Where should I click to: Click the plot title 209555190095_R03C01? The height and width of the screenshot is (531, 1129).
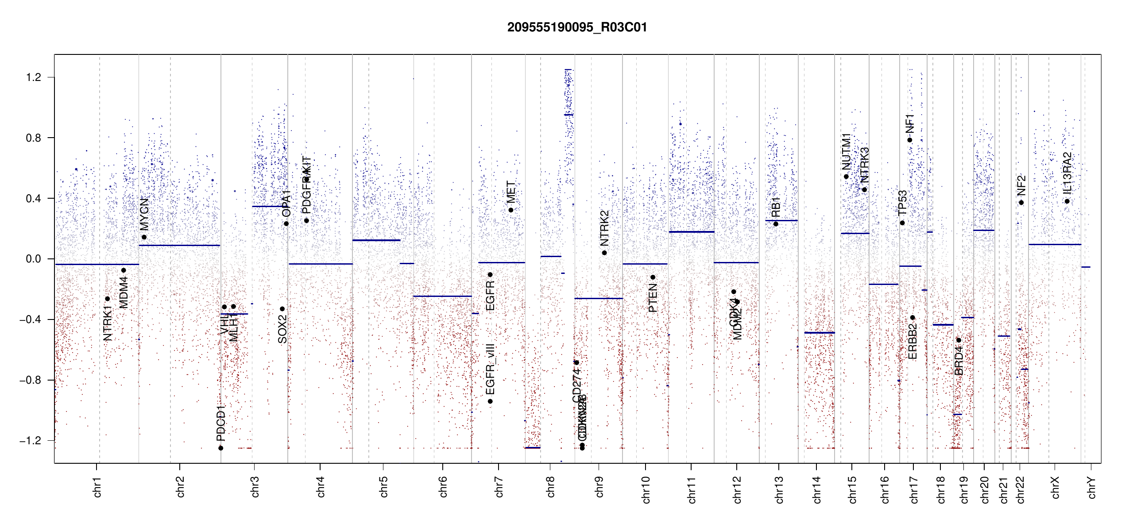coord(577,27)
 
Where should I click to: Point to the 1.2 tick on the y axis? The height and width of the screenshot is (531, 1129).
coord(34,77)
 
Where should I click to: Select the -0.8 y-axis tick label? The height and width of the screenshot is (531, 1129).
coord(31,380)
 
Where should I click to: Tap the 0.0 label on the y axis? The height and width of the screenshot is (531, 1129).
coord(34,259)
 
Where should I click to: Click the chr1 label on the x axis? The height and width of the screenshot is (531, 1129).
coord(97,487)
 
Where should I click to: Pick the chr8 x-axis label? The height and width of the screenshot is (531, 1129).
coord(550,487)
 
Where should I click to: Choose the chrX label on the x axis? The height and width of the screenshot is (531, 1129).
coord(1055,487)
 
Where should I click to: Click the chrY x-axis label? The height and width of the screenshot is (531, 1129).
coord(1091,487)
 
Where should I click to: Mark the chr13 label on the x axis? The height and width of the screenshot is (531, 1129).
coord(779,489)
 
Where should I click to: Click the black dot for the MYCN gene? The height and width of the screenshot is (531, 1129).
coord(144,237)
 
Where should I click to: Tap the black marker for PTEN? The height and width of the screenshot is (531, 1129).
coord(653,277)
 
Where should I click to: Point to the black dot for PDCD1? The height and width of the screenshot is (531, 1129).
coord(221,448)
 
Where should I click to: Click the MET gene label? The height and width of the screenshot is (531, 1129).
coord(511,192)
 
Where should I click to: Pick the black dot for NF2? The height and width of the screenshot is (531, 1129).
coord(1021,203)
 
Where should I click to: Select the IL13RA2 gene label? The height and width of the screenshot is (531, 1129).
coord(1067,173)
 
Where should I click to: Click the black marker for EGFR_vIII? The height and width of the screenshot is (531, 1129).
coord(490,401)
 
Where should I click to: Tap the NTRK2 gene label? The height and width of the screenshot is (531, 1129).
coord(604,228)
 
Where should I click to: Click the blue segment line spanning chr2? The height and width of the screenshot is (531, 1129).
coord(179,245)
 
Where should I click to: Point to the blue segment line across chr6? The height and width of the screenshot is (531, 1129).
coord(442,296)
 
